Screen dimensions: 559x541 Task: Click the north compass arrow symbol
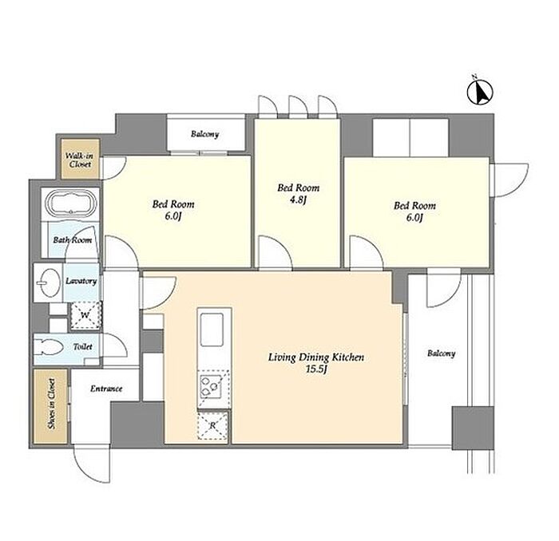[480, 93]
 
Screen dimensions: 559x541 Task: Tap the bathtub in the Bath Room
[71, 203]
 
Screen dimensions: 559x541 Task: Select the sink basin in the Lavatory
[50, 282]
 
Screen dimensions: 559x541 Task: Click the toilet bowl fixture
[50, 347]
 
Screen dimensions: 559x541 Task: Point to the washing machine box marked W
[85, 315]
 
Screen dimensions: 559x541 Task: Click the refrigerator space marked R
[212, 425]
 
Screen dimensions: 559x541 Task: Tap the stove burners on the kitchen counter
[210, 385]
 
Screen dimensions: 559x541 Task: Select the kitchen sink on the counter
[212, 330]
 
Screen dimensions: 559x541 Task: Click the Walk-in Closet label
[80, 160]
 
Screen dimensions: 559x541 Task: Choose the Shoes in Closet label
[52, 404]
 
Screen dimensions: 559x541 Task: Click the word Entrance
[106, 389]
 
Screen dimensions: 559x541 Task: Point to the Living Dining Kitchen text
[316, 357]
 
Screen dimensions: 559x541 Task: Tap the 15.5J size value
[316, 369]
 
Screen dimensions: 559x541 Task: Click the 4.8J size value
[298, 199]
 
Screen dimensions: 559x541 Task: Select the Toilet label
[83, 346]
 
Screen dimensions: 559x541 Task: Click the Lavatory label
[81, 281]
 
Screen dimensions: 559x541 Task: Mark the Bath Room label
[73, 239]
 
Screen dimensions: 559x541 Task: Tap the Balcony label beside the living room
[442, 353]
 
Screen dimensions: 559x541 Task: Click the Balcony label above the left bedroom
[204, 134]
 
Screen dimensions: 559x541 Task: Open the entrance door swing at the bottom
[91, 464]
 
